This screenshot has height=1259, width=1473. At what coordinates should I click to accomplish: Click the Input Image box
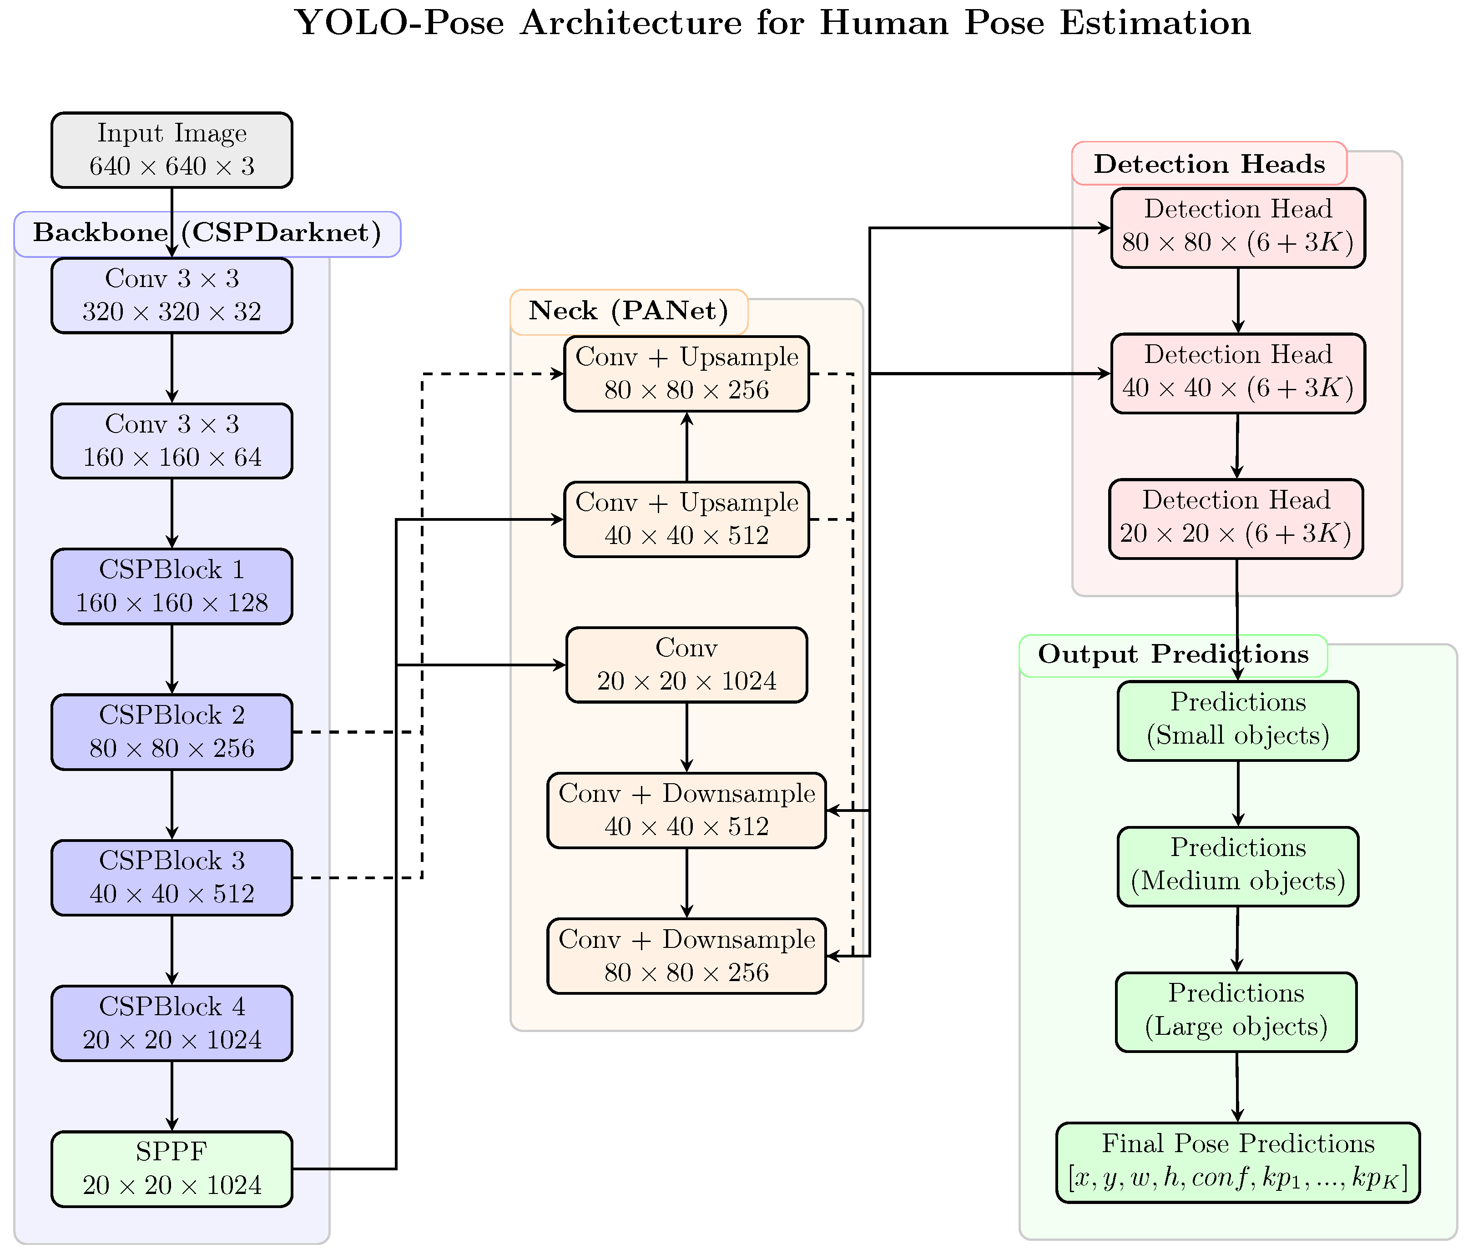[x=172, y=150]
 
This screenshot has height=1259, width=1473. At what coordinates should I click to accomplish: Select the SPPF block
[x=172, y=1169]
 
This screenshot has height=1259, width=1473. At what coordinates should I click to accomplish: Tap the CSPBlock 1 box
[x=172, y=586]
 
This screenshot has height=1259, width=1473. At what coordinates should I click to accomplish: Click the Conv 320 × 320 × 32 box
[x=172, y=295]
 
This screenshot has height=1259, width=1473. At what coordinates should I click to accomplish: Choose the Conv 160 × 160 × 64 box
[x=172, y=441]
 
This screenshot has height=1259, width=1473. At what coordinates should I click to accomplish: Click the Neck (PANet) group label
[x=628, y=312]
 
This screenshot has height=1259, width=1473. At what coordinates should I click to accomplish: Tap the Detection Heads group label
[x=1209, y=164]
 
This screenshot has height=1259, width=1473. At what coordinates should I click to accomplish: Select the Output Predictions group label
[x=1173, y=655]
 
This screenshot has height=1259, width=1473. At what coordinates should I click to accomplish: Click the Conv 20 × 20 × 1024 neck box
[x=686, y=665]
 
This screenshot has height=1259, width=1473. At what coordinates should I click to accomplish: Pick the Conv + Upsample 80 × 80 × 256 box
[x=686, y=374]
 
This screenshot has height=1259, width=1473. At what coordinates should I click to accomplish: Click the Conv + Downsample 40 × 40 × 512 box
[x=686, y=811]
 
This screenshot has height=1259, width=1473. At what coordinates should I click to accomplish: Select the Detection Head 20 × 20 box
[x=1236, y=519]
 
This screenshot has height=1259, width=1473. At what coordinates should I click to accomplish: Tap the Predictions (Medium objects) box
[x=1238, y=866]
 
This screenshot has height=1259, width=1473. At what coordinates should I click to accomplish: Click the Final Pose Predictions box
[x=1238, y=1162]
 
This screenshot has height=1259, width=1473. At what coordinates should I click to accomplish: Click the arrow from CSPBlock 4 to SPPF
[x=172, y=1095]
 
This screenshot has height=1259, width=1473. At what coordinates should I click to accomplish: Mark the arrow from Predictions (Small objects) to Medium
[x=1238, y=793]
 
